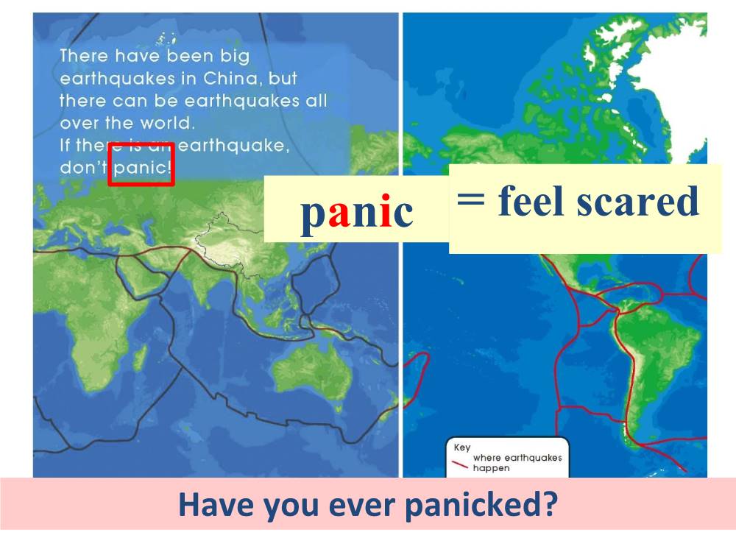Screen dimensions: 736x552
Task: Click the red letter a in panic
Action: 339,212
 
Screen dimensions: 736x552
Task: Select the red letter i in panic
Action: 386,210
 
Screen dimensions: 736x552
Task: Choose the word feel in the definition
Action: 531,200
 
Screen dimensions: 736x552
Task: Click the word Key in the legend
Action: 462,447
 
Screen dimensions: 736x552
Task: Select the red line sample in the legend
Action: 460,464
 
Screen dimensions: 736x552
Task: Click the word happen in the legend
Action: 491,468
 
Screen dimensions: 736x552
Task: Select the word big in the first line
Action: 235,57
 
